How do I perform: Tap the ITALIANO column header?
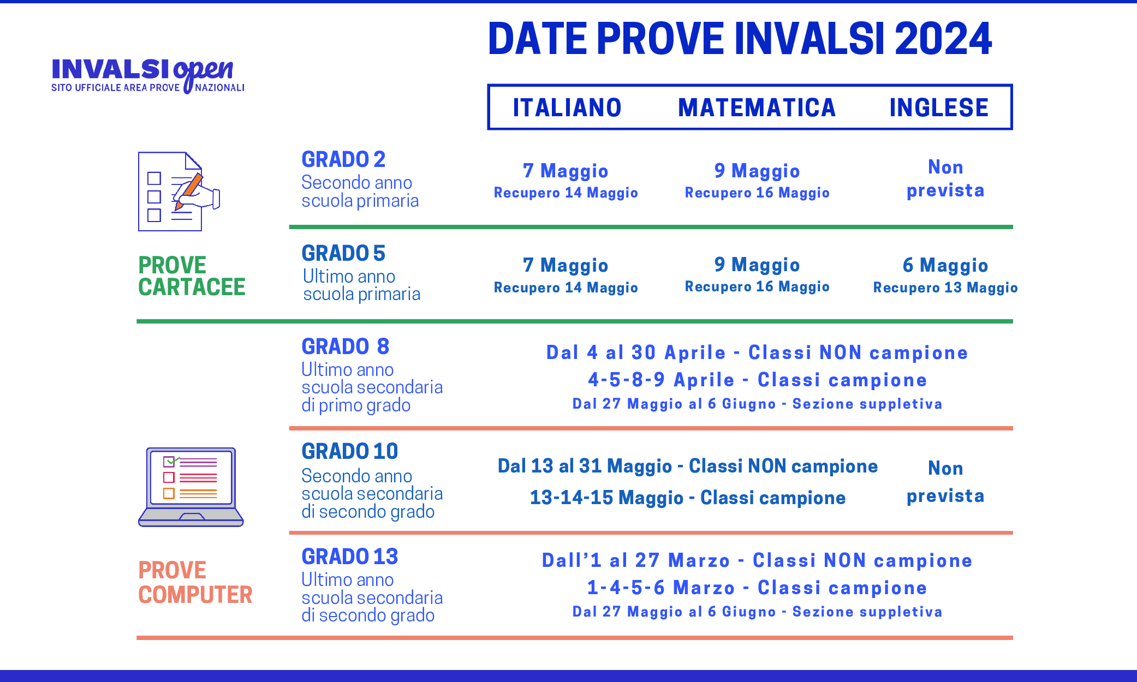[567, 107]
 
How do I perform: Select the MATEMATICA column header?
[757, 107]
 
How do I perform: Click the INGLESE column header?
[939, 107]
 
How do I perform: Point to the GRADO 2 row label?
[343, 159]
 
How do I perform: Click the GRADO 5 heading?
[343, 253]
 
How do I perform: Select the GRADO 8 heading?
[345, 346]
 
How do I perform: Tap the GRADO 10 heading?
[349, 451]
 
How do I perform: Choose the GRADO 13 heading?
[349, 557]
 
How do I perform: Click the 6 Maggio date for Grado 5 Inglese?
[945, 265]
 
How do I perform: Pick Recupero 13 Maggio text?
[945, 288]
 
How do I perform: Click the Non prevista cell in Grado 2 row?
[945, 178]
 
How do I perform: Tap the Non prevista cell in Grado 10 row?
[945, 481]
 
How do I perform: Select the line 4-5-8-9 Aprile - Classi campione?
[757, 380]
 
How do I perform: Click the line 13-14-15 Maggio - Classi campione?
[688, 498]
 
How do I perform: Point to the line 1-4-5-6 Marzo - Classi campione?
[757, 588]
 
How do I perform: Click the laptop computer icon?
[191, 487]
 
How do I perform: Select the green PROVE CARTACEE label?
[192, 276]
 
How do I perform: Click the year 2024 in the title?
[943, 39]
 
